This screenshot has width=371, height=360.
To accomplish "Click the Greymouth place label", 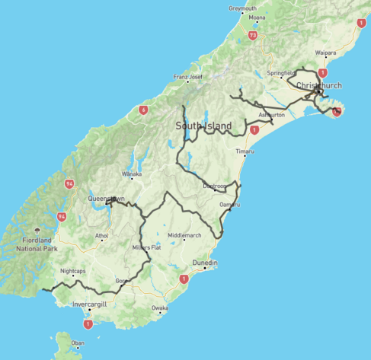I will [242, 8].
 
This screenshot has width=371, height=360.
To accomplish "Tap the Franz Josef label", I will [188, 77].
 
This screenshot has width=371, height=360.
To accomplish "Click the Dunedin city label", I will [203, 263].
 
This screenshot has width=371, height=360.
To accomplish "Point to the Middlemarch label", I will [184, 235].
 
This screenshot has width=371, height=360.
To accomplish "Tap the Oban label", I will [78, 343].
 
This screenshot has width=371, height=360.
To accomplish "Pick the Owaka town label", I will [159, 307].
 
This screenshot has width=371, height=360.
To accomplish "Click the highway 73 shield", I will [251, 35].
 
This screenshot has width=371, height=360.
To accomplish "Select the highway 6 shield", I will [142, 110].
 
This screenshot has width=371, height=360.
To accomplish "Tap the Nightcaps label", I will [73, 271].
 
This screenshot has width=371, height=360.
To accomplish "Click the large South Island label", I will [202, 126].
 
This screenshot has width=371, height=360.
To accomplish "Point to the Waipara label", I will [326, 53].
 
